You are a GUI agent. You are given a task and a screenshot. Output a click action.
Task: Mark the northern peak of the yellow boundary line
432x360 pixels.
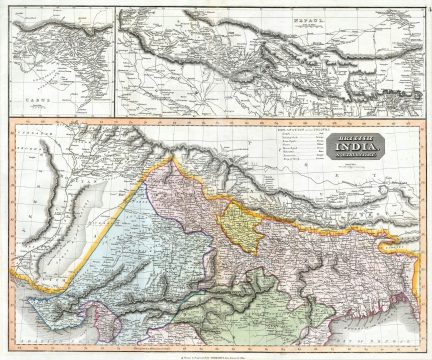172,158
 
